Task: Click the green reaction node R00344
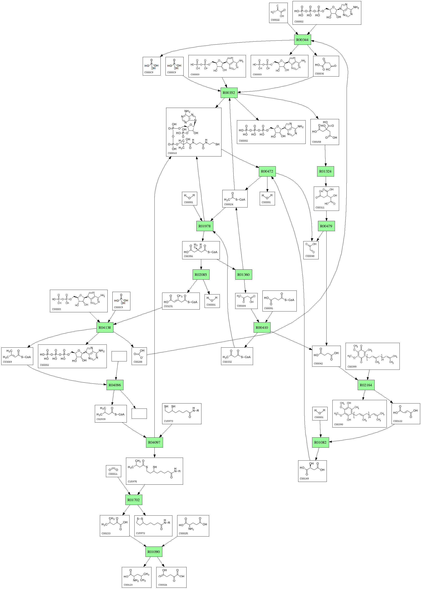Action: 302,40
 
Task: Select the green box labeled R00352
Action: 229,93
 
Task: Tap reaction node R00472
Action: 267,171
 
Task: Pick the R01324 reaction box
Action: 325,171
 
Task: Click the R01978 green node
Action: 205,226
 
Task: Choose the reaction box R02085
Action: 201,274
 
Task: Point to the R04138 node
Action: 105,328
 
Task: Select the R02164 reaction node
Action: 366,385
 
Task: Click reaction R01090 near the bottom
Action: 154,552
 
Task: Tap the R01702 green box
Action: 134,500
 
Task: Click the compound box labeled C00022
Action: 278,13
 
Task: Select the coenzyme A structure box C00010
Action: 194,132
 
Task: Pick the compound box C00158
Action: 324,132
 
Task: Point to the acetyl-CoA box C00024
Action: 235,199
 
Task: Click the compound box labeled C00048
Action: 311,250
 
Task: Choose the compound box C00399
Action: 372,356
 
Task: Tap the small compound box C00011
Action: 113,471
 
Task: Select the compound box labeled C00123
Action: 136,577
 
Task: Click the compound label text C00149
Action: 304,479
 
